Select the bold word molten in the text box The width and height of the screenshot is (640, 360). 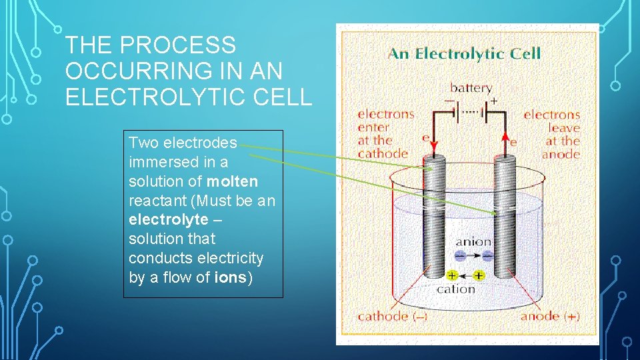tap(232, 181)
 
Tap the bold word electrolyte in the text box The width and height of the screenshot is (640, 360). tap(168, 219)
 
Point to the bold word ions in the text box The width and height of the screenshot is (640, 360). tap(231, 277)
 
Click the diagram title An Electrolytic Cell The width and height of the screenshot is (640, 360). tap(464, 53)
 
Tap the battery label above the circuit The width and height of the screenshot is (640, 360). tap(471, 87)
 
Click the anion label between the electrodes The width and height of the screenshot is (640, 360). tap(473, 242)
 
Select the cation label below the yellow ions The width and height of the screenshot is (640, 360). tap(456, 289)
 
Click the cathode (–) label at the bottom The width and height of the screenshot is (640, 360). tap(392, 316)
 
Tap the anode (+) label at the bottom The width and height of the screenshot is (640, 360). tap(550, 316)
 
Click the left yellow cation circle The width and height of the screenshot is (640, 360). tap(452, 275)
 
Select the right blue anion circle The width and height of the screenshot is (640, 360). tap(488, 255)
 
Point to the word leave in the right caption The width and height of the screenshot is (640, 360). tap(564, 128)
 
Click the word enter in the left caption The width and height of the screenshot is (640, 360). tap(373, 127)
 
